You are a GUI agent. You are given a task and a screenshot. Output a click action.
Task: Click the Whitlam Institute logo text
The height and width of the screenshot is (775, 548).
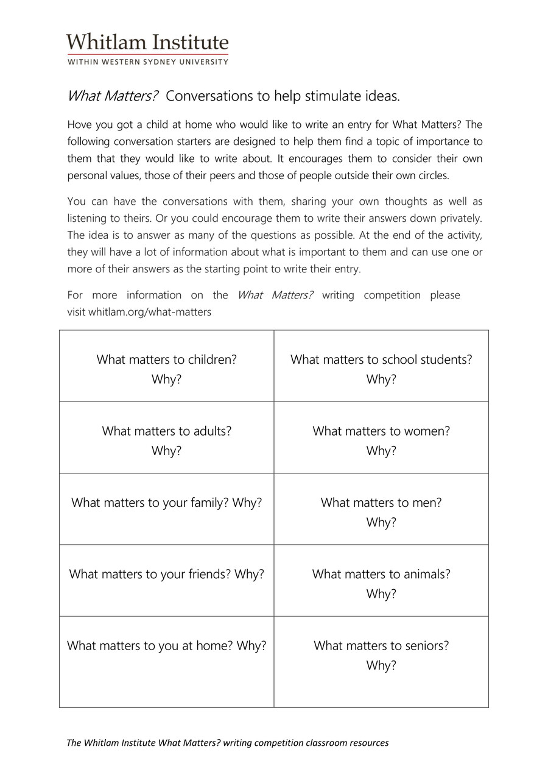tap(147, 42)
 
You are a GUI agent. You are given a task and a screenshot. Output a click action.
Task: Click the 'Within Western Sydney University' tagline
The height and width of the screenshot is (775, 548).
tap(147, 62)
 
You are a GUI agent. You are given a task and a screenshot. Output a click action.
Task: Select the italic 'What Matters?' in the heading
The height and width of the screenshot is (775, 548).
tap(113, 96)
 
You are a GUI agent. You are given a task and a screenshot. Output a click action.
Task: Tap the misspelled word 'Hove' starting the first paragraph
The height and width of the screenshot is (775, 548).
tap(79, 125)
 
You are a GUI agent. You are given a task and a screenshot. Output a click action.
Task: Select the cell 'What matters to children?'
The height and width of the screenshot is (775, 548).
tap(166, 366)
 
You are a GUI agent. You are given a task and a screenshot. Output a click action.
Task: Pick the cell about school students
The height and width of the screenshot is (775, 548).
tap(381, 366)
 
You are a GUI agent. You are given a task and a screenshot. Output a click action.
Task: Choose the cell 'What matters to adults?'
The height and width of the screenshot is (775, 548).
tap(166, 437)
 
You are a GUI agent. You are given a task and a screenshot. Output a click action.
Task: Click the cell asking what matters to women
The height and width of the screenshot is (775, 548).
tap(381, 437)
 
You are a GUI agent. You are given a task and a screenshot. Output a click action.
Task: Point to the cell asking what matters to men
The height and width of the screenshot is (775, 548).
tap(381, 509)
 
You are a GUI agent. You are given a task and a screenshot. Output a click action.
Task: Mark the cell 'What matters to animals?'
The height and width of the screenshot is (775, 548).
tap(381, 581)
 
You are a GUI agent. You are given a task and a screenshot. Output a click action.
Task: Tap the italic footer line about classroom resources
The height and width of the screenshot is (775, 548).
tap(227, 743)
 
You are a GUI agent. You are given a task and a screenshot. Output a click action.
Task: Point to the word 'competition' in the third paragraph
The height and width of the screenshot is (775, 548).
tap(392, 295)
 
